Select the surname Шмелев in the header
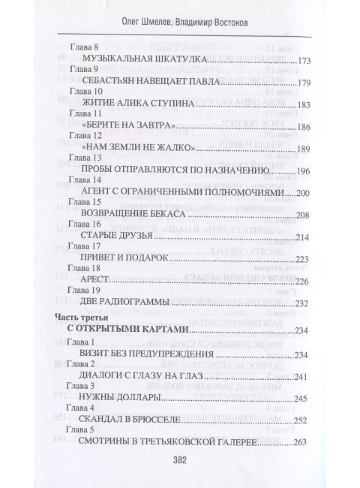[144, 17]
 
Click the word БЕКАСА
[174, 215]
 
